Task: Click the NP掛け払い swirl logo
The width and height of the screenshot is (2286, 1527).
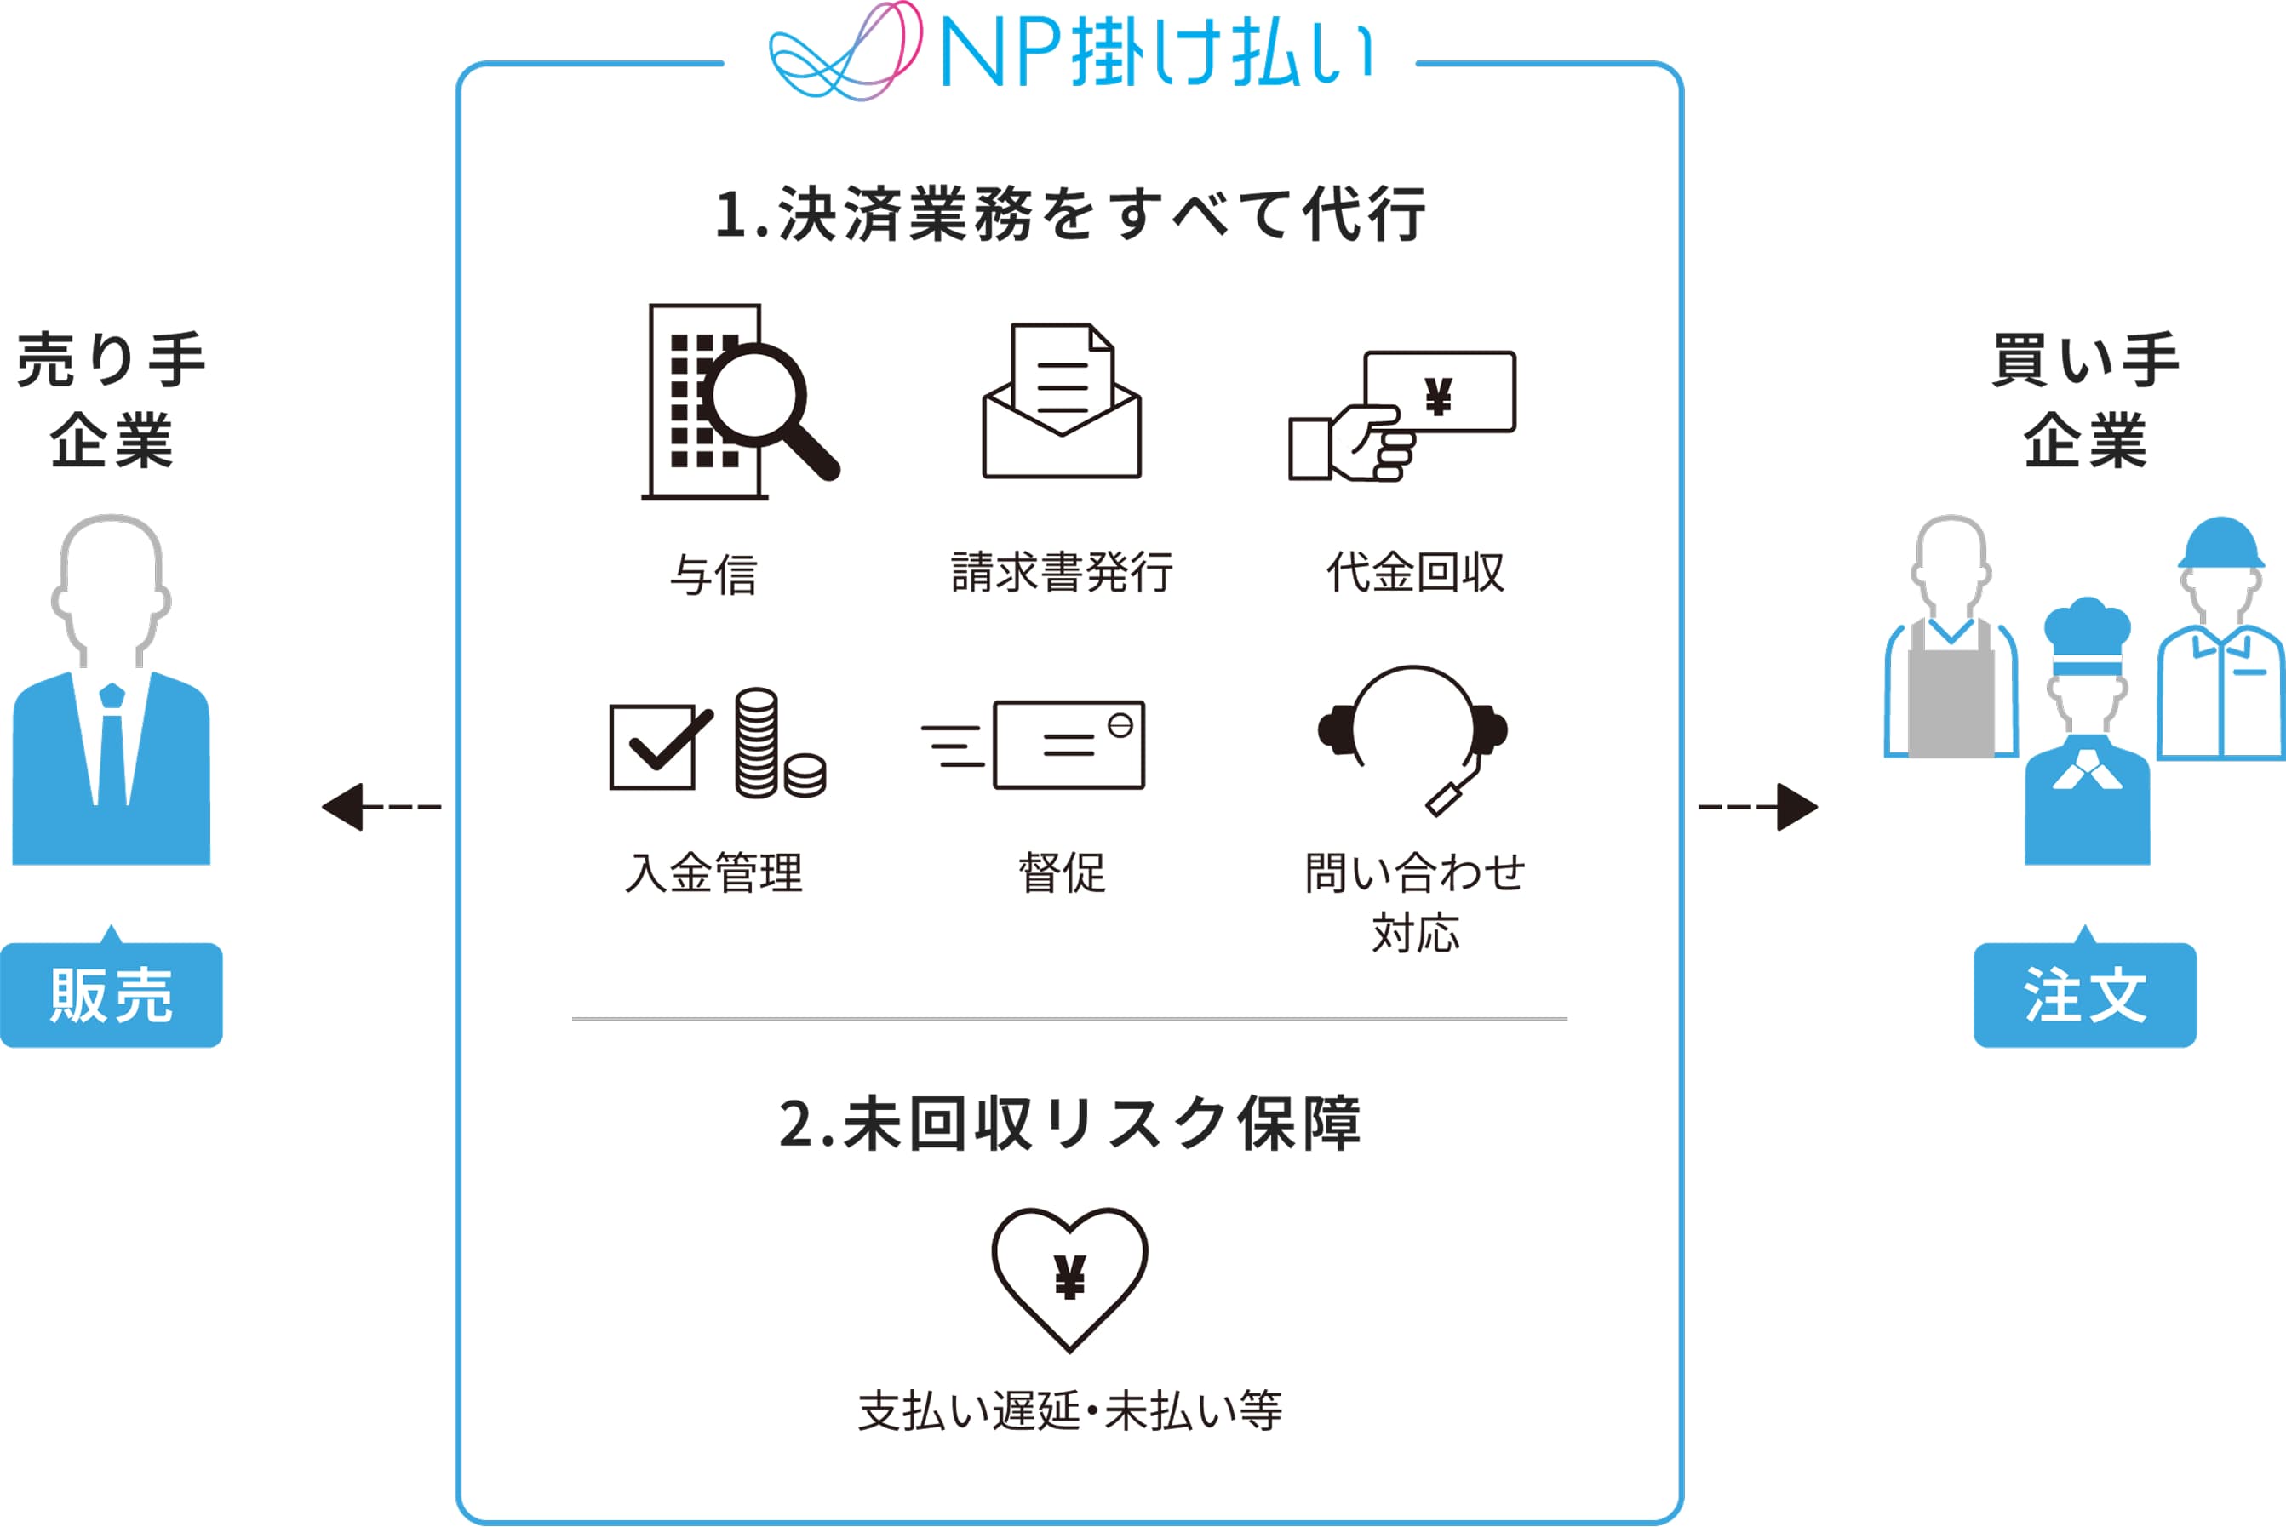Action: pos(844,54)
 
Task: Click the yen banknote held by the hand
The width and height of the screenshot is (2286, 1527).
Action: pos(1441,392)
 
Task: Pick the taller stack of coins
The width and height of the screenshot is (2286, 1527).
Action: pos(756,742)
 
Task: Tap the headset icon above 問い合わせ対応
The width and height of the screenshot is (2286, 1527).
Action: pos(1412,735)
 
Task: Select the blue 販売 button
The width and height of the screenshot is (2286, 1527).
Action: pos(111,994)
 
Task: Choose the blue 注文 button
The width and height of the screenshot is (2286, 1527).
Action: pos(2084,994)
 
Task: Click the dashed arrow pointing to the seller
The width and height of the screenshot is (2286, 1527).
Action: pos(381,806)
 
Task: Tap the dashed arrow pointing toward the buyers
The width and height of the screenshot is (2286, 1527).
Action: pos(1757,806)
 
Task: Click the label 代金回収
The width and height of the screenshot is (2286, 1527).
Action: pos(1415,572)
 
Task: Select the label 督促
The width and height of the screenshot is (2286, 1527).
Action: pos(1062,872)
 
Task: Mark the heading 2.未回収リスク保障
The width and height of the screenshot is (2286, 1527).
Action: pos(1069,1124)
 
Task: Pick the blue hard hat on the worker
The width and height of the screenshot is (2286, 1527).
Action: pos(2220,543)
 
